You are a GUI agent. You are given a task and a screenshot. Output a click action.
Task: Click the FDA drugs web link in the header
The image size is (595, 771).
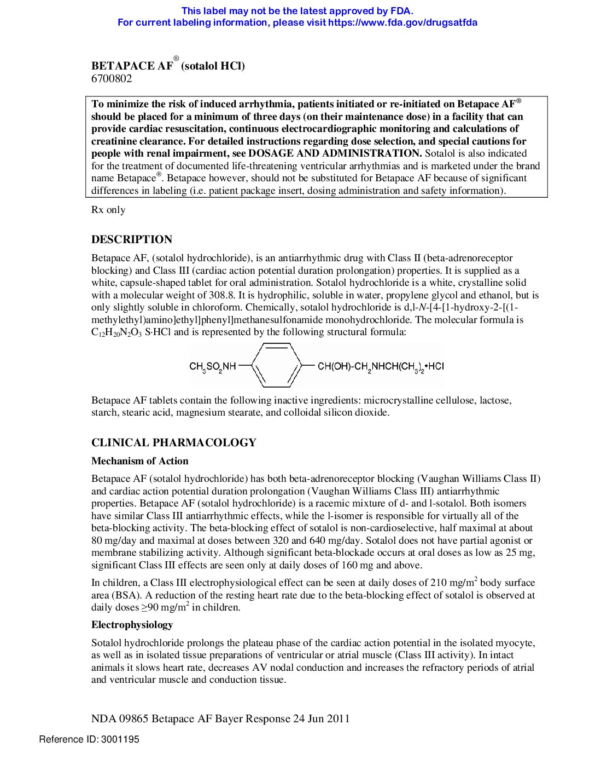click(402, 22)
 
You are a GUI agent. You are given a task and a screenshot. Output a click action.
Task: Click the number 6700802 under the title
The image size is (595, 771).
click(112, 78)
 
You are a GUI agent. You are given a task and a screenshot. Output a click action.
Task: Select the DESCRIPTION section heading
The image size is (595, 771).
click(132, 239)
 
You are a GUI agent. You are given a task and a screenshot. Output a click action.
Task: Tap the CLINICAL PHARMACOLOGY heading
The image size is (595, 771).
click(174, 442)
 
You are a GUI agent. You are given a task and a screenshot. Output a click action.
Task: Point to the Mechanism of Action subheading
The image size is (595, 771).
click(140, 461)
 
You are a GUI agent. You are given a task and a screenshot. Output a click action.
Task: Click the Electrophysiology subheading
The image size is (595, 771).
click(132, 625)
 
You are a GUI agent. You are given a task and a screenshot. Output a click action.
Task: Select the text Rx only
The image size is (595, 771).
click(108, 210)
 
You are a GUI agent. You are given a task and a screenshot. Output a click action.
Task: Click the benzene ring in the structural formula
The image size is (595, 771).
click(277, 365)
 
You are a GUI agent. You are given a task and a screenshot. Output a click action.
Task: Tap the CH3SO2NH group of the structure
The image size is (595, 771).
click(213, 366)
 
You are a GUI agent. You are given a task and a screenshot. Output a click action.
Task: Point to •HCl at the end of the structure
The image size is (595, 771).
click(434, 366)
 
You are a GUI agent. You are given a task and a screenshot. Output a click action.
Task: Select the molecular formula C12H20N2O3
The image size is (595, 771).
click(116, 332)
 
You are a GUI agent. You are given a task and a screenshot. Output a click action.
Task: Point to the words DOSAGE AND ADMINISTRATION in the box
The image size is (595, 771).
click(335, 153)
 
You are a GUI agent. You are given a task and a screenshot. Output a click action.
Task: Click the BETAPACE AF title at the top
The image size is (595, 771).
click(132, 66)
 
